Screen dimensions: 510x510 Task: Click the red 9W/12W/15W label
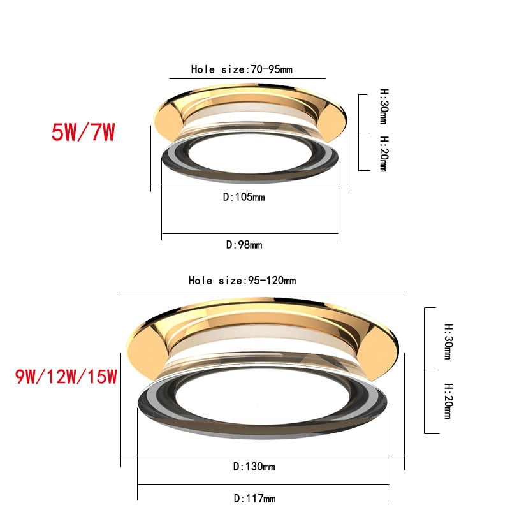click(x=67, y=377)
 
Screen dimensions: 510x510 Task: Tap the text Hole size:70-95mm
click(x=242, y=69)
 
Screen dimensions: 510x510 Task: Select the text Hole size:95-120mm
click(x=242, y=280)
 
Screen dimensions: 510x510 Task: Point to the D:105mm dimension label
click(x=244, y=197)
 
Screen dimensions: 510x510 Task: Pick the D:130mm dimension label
click(x=254, y=467)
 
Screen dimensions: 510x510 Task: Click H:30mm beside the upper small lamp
click(x=383, y=106)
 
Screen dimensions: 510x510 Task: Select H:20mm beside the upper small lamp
click(x=383, y=154)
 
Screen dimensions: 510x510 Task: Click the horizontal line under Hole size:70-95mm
click(x=247, y=79)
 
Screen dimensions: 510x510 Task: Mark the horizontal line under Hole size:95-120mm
click(x=262, y=291)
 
